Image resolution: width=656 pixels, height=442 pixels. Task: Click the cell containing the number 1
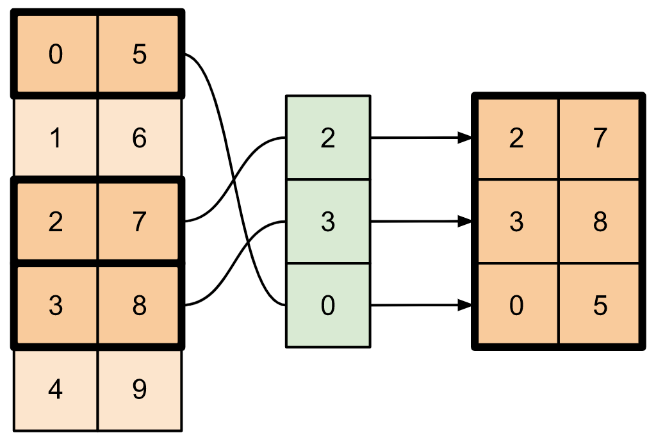coord(56,138)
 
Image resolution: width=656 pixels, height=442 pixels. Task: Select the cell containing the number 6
coord(140,138)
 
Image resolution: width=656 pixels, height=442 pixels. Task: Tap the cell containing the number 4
coord(56,389)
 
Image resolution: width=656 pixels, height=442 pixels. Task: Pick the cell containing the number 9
coord(140,389)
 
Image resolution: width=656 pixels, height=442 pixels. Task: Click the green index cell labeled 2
coord(328,138)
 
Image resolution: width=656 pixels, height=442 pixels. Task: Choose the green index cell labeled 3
coord(328,222)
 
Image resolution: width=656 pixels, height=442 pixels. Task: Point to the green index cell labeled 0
coord(328,306)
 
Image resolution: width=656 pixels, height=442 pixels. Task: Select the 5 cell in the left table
coord(140,54)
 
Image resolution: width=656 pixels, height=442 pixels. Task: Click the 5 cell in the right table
coord(600,306)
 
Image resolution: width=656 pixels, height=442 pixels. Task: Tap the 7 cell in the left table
coord(140,222)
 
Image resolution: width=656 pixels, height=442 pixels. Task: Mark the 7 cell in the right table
coord(600,138)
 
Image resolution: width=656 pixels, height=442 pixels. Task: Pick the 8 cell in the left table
coord(140,306)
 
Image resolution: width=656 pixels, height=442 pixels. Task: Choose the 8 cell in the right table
coord(600,222)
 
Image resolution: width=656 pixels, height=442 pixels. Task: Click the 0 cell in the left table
coord(56,54)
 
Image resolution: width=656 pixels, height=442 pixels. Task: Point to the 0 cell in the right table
coord(516,306)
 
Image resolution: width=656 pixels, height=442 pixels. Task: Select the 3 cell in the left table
coord(56,306)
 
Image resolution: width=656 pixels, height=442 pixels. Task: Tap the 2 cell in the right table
coord(516,138)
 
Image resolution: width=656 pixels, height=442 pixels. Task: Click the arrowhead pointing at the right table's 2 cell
coord(466,138)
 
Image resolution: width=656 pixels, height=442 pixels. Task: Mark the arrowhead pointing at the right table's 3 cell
coord(466,222)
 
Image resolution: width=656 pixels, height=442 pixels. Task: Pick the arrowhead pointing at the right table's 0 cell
coord(466,306)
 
